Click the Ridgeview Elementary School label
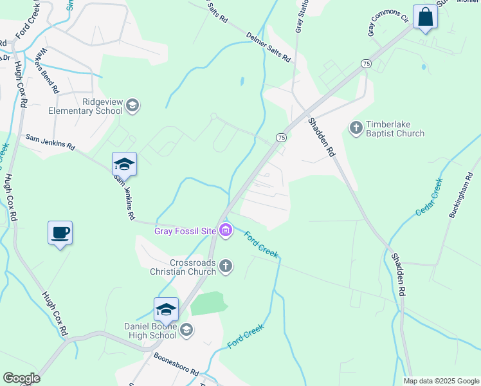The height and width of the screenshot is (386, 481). [x=86, y=106]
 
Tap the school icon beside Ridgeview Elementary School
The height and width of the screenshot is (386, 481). [x=132, y=106]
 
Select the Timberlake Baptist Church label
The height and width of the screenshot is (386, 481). [x=395, y=129]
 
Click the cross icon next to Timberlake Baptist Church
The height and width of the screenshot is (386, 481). [x=356, y=128]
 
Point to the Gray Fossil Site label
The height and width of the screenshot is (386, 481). [x=185, y=231]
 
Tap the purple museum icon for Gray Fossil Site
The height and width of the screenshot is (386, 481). [x=225, y=230]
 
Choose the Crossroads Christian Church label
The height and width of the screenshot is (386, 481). [x=192, y=267]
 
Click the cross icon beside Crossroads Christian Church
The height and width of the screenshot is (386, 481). [x=225, y=266]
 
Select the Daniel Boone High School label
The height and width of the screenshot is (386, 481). [x=150, y=331]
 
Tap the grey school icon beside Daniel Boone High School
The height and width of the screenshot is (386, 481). [x=186, y=331]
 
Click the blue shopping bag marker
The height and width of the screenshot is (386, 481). [x=425, y=17]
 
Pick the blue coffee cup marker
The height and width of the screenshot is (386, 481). [x=60, y=232]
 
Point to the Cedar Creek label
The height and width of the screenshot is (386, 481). [x=430, y=197]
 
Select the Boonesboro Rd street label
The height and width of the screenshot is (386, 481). [x=176, y=364]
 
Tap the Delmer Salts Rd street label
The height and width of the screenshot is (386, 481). [x=269, y=48]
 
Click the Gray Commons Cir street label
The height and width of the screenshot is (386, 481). [x=388, y=22]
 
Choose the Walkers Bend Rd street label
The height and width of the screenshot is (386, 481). [x=48, y=68]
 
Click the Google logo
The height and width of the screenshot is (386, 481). [x=21, y=378]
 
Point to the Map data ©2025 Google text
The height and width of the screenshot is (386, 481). [x=440, y=381]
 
